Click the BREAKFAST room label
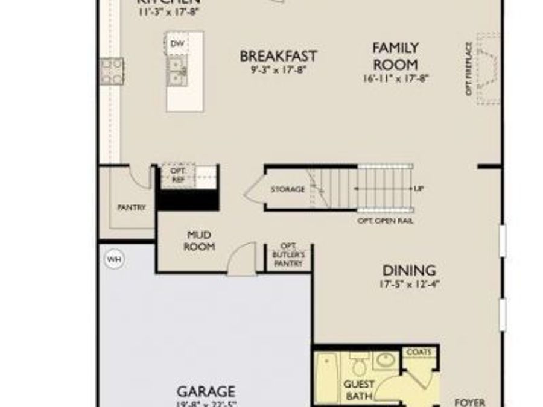click(x=278, y=56)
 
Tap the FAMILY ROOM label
click(x=395, y=55)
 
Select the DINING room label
click(x=409, y=270)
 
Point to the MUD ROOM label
click(x=198, y=241)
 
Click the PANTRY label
click(x=132, y=207)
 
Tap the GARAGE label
click(x=206, y=391)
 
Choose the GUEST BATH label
click(x=359, y=390)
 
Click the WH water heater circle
click(x=113, y=260)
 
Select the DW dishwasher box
click(x=177, y=44)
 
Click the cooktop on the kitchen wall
click(x=112, y=71)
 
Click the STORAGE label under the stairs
click(x=288, y=189)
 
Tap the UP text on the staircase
click(x=419, y=189)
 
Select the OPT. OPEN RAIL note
click(x=386, y=221)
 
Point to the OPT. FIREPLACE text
click(x=468, y=68)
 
